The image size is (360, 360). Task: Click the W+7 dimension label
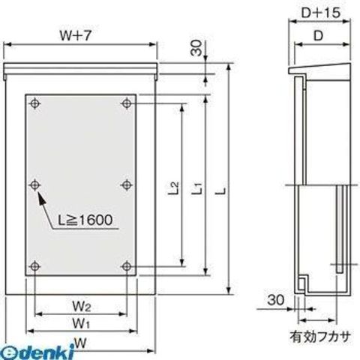point(75,36)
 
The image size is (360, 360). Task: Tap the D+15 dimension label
point(321,13)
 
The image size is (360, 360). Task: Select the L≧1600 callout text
point(85,220)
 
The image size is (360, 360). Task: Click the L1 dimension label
point(197,188)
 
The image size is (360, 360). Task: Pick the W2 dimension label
point(82,306)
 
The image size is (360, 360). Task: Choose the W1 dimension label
point(81,323)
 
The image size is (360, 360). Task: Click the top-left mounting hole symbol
point(35,103)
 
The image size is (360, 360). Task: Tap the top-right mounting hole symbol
point(127,103)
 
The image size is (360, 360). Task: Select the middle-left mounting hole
point(35,185)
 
